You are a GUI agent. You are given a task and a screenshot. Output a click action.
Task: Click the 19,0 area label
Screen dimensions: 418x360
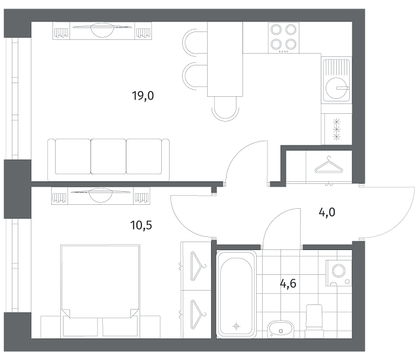(143, 96)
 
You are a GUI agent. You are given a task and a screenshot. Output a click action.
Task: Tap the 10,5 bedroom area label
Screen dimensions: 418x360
(141, 225)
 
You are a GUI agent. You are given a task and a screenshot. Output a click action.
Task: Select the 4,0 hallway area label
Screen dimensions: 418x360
(327, 213)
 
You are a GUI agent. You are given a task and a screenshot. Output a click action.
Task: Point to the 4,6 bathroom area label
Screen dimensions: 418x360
(288, 283)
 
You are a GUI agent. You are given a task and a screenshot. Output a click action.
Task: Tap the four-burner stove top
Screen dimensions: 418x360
(284, 37)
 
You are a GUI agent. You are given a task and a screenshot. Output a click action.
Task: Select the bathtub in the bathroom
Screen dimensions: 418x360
(237, 294)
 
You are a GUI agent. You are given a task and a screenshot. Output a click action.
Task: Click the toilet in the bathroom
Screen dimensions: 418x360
(314, 321)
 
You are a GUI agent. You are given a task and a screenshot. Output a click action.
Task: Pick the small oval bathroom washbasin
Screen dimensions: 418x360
(280, 329)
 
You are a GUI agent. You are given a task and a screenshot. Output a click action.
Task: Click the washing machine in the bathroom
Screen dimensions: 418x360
(339, 273)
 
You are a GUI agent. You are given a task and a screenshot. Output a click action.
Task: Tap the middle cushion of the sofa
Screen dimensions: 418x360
(109, 156)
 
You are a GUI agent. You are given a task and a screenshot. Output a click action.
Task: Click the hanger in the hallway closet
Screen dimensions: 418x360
(329, 166)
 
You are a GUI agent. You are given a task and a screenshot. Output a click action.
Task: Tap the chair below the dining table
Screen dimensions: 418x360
(225, 109)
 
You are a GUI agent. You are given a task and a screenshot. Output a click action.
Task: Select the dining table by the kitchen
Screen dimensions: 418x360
(225, 59)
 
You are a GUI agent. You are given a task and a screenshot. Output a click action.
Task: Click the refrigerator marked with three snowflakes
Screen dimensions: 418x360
(337, 129)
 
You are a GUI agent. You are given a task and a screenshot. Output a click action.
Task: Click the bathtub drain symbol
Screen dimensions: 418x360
(237, 326)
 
